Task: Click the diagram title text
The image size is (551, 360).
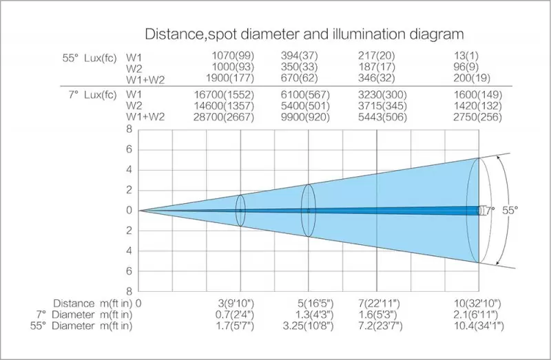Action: (x=304, y=34)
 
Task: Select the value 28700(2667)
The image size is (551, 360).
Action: (x=233, y=118)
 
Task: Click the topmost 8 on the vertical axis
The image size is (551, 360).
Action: (x=129, y=129)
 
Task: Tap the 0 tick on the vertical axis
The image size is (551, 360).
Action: (x=129, y=210)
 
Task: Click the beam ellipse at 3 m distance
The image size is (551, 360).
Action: (x=240, y=210)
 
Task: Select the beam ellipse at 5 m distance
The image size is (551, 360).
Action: (x=308, y=210)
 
